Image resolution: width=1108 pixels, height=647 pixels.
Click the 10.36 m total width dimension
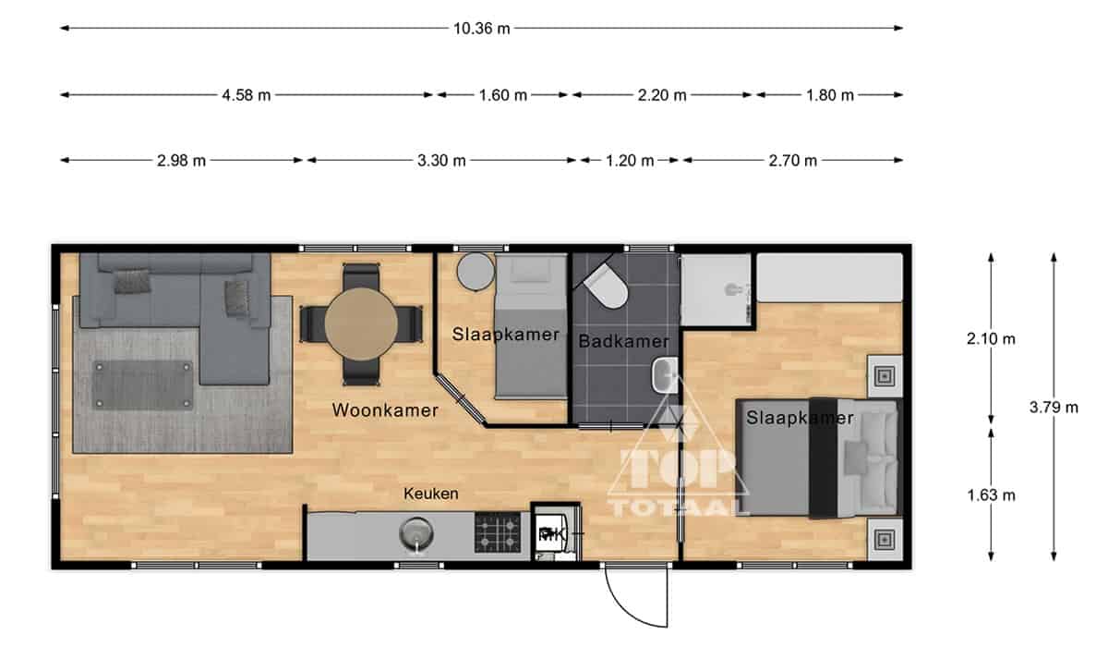tap(481, 29)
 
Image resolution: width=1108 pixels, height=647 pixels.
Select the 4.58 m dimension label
tap(247, 95)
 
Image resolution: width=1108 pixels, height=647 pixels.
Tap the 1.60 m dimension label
tap(502, 95)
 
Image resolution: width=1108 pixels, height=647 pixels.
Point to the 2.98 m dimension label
tap(181, 161)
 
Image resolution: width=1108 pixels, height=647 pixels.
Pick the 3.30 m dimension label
tap(441, 161)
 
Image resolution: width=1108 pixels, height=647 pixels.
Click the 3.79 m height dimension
tap(1054, 408)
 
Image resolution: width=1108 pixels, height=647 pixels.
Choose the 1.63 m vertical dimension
tap(991, 495)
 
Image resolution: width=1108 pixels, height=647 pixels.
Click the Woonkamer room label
tap(385, 410)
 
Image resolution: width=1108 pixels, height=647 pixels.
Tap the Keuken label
tap(431, 494)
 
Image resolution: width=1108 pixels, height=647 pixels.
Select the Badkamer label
tap(624, 341)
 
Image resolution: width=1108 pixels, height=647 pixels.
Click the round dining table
tap(361, 324)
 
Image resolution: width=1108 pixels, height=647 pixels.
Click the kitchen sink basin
tap(416, 533)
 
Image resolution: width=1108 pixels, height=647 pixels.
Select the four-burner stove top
tap(498, 532)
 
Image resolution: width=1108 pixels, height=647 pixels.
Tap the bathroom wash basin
tap(664, 375)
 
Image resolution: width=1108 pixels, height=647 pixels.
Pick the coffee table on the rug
tap(142, 385)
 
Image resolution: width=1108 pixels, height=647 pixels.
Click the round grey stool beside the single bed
tap(476, 272)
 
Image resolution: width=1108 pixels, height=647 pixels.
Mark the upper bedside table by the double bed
tap(885, 376)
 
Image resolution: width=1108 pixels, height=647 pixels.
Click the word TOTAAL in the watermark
tap(678, 507)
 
